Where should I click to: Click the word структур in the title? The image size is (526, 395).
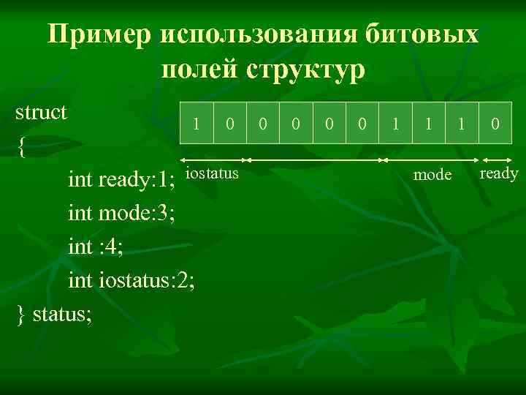[307, 71]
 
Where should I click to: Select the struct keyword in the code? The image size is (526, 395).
[42, 113]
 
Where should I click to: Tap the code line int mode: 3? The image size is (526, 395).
[121, 213]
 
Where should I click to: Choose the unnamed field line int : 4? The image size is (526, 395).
[95, 247]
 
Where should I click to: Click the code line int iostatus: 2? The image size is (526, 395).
[131, 280]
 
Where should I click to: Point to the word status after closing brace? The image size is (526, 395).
[61, 314]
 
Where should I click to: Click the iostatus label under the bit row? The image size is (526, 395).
[212, 173]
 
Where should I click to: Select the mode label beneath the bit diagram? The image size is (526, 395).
[432, 175]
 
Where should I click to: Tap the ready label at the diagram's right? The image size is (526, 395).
[500, 173]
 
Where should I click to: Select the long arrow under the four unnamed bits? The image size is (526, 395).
[315, 159]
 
